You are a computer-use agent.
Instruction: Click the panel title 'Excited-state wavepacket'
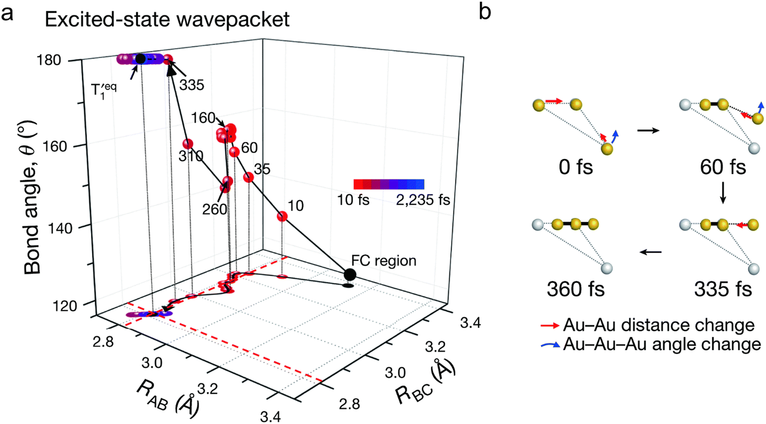[x=167, y=20]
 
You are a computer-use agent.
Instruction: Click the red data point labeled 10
[x=282, y=216]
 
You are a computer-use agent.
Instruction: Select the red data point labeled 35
[x=248, y=177]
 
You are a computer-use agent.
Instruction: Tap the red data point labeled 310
[x=188, y=144]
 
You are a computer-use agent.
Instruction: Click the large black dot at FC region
[x=350, y=274]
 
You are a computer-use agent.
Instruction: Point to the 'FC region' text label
[x=383, y=260]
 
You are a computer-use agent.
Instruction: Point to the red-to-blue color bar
[x=389, y=184]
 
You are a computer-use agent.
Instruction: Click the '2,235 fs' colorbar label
[x=422, y=200]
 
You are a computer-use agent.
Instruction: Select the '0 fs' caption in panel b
[x=576, y=166]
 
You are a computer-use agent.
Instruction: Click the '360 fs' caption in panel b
[x=576, y=289]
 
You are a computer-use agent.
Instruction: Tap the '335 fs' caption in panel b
[x=723, y=289]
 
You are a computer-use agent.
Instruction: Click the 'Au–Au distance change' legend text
[x=658, y=325]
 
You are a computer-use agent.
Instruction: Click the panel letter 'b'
[x=485, y=12]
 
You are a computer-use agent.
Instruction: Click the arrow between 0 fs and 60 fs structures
[x=648, y=131]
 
